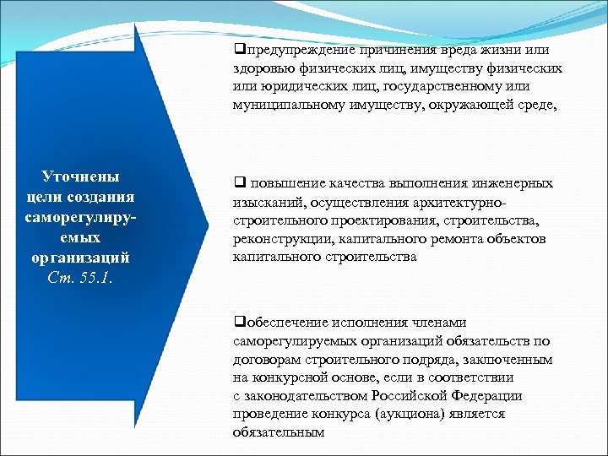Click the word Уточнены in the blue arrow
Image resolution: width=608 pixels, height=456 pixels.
pyautogui.click(x=80, y=176)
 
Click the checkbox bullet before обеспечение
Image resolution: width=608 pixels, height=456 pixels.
pyautogui.click(x=238, y=323)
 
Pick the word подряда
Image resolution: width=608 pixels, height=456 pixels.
pyautogui.click(x=439, y=360)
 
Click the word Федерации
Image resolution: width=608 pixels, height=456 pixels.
pyautogui.click(x=486, y=395)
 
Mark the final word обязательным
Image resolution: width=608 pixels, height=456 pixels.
pyautogui.click(x=278, y=432)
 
